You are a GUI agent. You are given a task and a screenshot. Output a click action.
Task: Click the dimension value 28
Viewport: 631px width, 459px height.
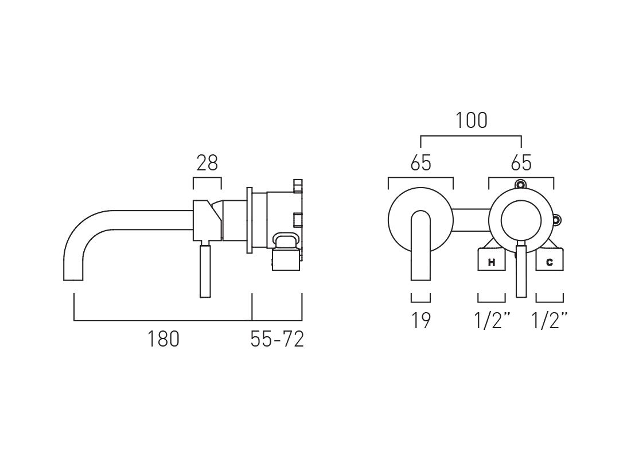point(207,164)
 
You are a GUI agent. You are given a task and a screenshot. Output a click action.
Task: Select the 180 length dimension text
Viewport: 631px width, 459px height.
point(163,339)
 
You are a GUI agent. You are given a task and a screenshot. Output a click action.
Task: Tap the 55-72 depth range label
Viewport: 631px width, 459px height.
point(277,339)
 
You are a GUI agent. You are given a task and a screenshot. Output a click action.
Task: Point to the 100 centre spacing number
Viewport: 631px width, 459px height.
point(471,120)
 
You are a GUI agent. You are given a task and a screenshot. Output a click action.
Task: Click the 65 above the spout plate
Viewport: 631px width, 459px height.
point(420,164)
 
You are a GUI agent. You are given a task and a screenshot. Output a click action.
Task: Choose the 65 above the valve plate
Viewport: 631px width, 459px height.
point(521,164)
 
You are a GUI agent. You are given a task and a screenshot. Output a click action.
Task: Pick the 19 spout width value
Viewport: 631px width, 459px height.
point(420,321)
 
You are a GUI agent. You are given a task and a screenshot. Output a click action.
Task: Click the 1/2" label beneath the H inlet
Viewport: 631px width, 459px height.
point(492,321)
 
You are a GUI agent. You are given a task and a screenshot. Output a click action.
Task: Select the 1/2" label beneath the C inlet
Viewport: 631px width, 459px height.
point(550,321)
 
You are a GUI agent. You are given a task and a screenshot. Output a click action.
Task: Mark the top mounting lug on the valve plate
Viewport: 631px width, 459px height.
point(521,185)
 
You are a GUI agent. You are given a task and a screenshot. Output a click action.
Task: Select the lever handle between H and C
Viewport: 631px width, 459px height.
point(521,270)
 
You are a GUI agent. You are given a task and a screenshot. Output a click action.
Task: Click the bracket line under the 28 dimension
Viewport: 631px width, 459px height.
point(207,179)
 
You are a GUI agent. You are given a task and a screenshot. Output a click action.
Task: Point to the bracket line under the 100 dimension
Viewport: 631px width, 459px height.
point(471,137)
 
